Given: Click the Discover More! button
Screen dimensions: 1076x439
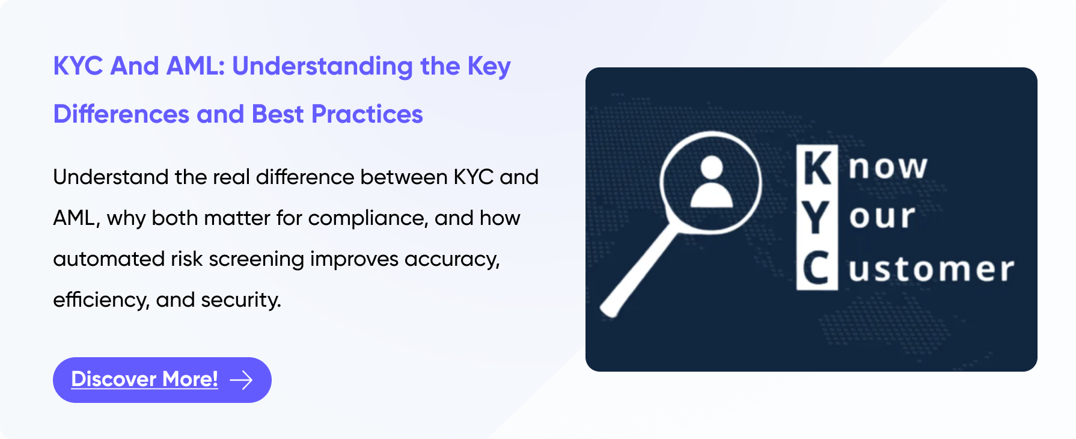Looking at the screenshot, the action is click(x=162, y=380).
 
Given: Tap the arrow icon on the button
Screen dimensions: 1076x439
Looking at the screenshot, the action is click(x=242, y=380).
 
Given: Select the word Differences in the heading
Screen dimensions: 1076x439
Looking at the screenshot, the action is click(x=121, y=114).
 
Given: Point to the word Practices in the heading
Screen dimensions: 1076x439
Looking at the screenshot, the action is click(x=367, y=114).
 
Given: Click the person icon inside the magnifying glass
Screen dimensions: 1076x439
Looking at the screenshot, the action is click(x=712, y=182).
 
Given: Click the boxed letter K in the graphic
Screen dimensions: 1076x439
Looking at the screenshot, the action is click(x=818, y=167).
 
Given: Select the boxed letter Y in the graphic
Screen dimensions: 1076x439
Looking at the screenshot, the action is click(x=816, y=218).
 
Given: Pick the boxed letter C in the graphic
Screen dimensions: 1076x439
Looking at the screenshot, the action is click(x=817, y=268).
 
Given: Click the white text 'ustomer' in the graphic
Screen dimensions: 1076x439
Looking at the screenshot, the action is click(x=932, y=269).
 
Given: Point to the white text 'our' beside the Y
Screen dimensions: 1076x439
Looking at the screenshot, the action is click(x=882, y=218).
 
